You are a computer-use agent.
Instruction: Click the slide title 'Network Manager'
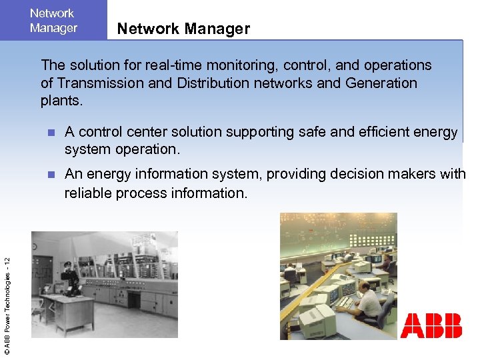[183, 29]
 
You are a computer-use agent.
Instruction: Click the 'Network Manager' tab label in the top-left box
[53, 21]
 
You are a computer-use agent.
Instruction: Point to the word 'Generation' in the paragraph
[382, 83]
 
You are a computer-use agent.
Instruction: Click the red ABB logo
[431, 326]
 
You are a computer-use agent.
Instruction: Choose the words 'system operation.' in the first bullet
[122, 150]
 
